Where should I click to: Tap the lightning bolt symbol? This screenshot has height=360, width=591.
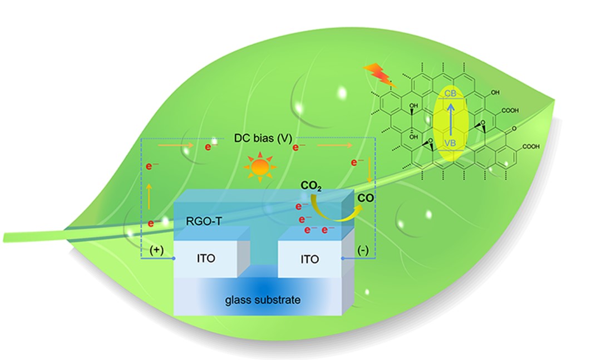375,74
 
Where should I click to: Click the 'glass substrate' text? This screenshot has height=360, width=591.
263,300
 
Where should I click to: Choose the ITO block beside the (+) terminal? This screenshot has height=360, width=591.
206,259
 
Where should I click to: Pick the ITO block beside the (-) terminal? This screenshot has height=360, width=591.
307,259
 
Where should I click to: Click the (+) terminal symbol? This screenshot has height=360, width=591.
157,250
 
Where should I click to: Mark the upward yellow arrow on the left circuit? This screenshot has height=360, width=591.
149,195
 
